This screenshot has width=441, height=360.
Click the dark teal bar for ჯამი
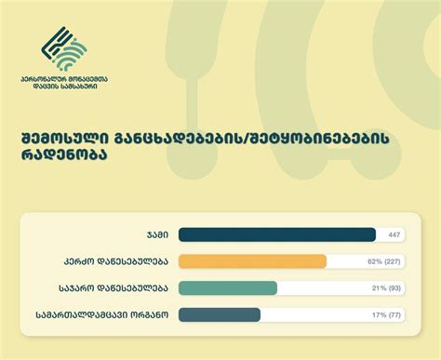click(276, 234)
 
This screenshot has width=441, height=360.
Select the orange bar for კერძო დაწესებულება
click(251, 261)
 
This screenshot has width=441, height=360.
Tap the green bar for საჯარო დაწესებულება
click(227, 288)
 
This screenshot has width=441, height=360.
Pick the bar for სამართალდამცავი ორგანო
click(219, 314)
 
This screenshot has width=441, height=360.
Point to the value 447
click(394, 235)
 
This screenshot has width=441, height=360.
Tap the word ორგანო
click(152, 315)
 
